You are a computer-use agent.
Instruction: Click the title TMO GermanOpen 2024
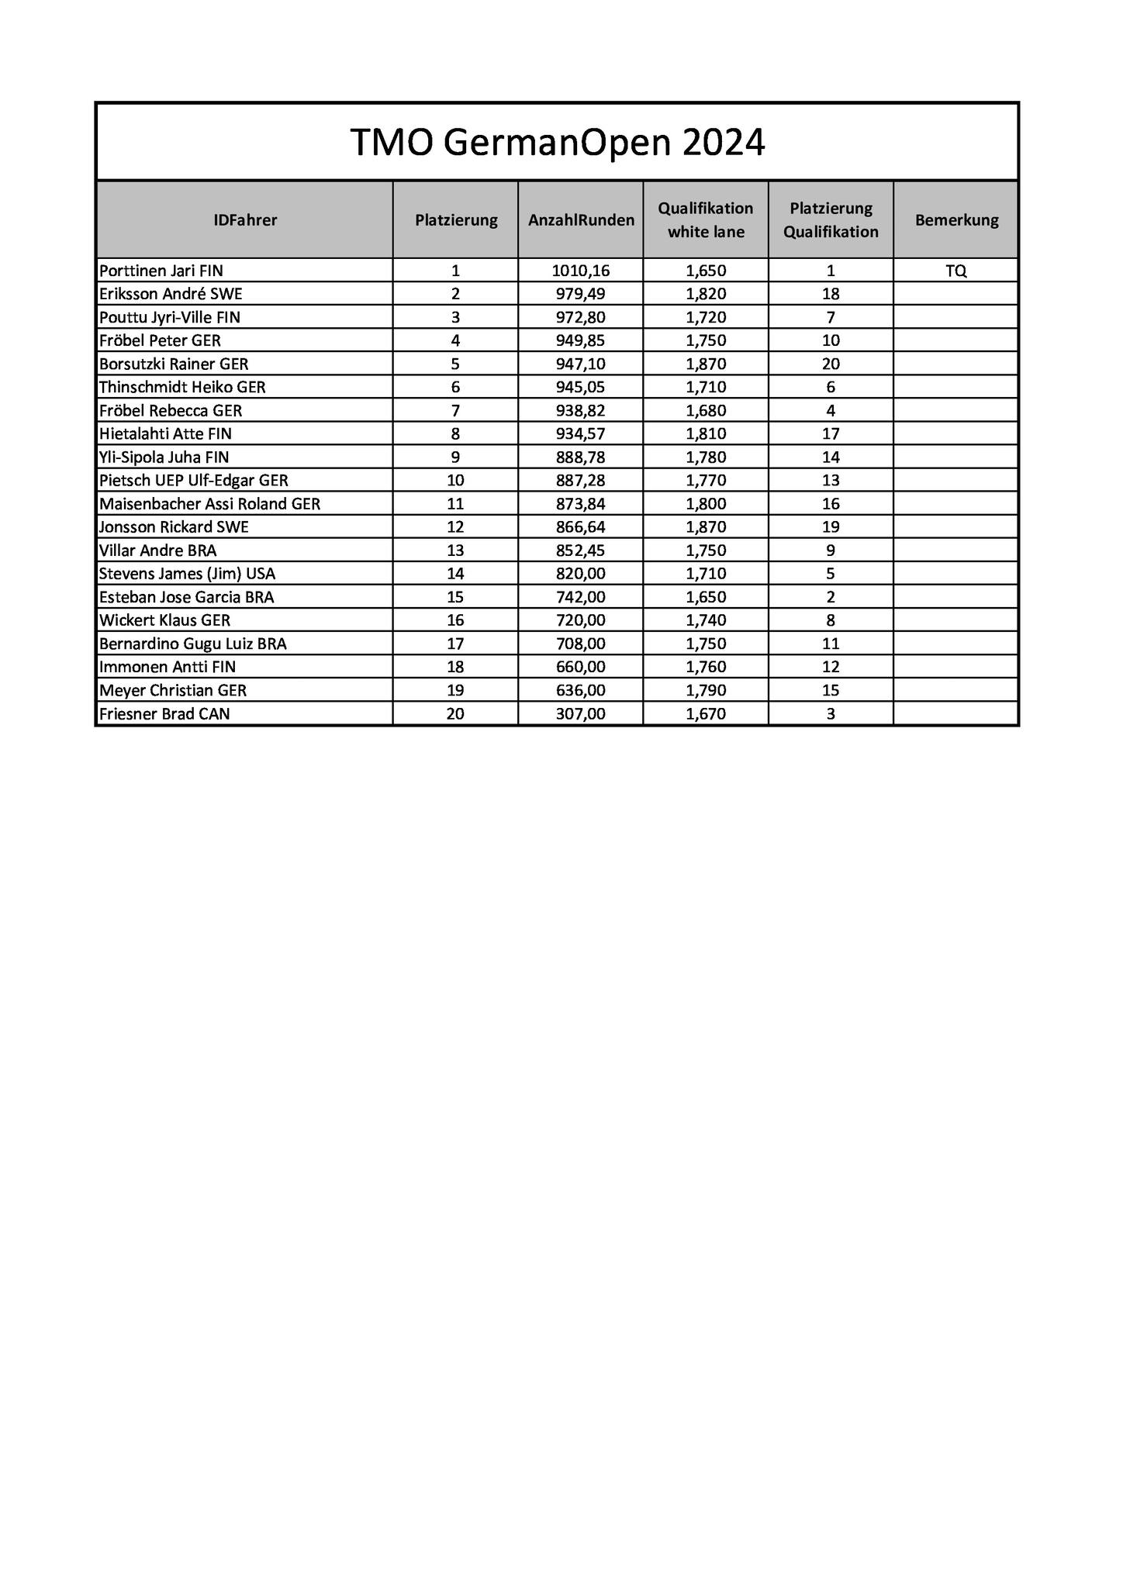click(x=557, y=143)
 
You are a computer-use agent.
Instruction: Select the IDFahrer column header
click(x=245, y=220)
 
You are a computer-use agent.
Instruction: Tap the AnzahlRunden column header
click(x=581, y=220)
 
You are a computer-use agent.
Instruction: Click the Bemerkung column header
click(x=956, y=220)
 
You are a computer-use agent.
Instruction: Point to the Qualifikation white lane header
click(x=706, y=220)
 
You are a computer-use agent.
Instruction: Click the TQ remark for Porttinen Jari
click(x=956, y=271)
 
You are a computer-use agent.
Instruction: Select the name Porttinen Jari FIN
click(x=161, y=271)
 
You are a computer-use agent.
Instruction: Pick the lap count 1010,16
click(x=581, y=271)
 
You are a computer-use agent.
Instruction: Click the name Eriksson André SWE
click(x=171, y=294)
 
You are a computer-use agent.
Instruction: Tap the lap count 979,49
click(x=581, y=294)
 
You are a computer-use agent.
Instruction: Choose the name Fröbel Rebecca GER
click(x=171, y=410)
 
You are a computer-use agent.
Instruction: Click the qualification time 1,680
click(x=706, y=410)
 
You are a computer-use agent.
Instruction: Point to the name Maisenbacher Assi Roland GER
click(x=209, y=504)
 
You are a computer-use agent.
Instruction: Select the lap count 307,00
click(x=581, y=713)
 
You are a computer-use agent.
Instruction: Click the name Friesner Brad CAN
click(x=164, y=713)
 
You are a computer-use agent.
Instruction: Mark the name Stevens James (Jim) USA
click(x=188, y=574)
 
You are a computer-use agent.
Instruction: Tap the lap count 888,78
click(x=581, y=457)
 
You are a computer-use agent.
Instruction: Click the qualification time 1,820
click(x=706, y=294)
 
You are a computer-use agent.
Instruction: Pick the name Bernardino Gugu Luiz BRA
click(x=193, y=644)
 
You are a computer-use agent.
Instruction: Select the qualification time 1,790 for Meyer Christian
click(x=706, y=690)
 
